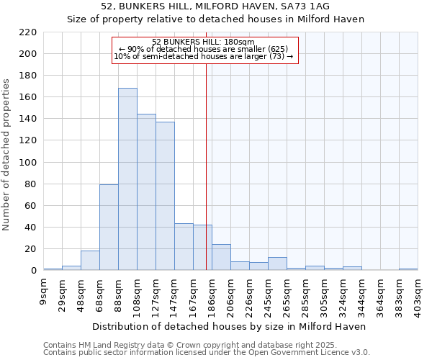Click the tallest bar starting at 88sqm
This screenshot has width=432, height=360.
pyautogui.click(x=127, y=179)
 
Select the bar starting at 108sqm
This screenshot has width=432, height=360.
pyautogui.click(x=146, y=192)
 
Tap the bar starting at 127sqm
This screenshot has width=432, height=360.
pyautogui.click(x=165, y=196)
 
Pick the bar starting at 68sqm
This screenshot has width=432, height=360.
pyautogui.click(x=109, y=228)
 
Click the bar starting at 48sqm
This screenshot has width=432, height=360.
pyautogui.click(x=90, y=261)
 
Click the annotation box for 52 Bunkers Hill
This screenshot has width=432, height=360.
pyautogui.click(x=204, y=50)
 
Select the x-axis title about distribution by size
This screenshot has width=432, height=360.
pyautogui.click(x=230, y=326)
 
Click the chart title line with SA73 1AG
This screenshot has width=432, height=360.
pyautogui.click(x=215, y=6)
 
